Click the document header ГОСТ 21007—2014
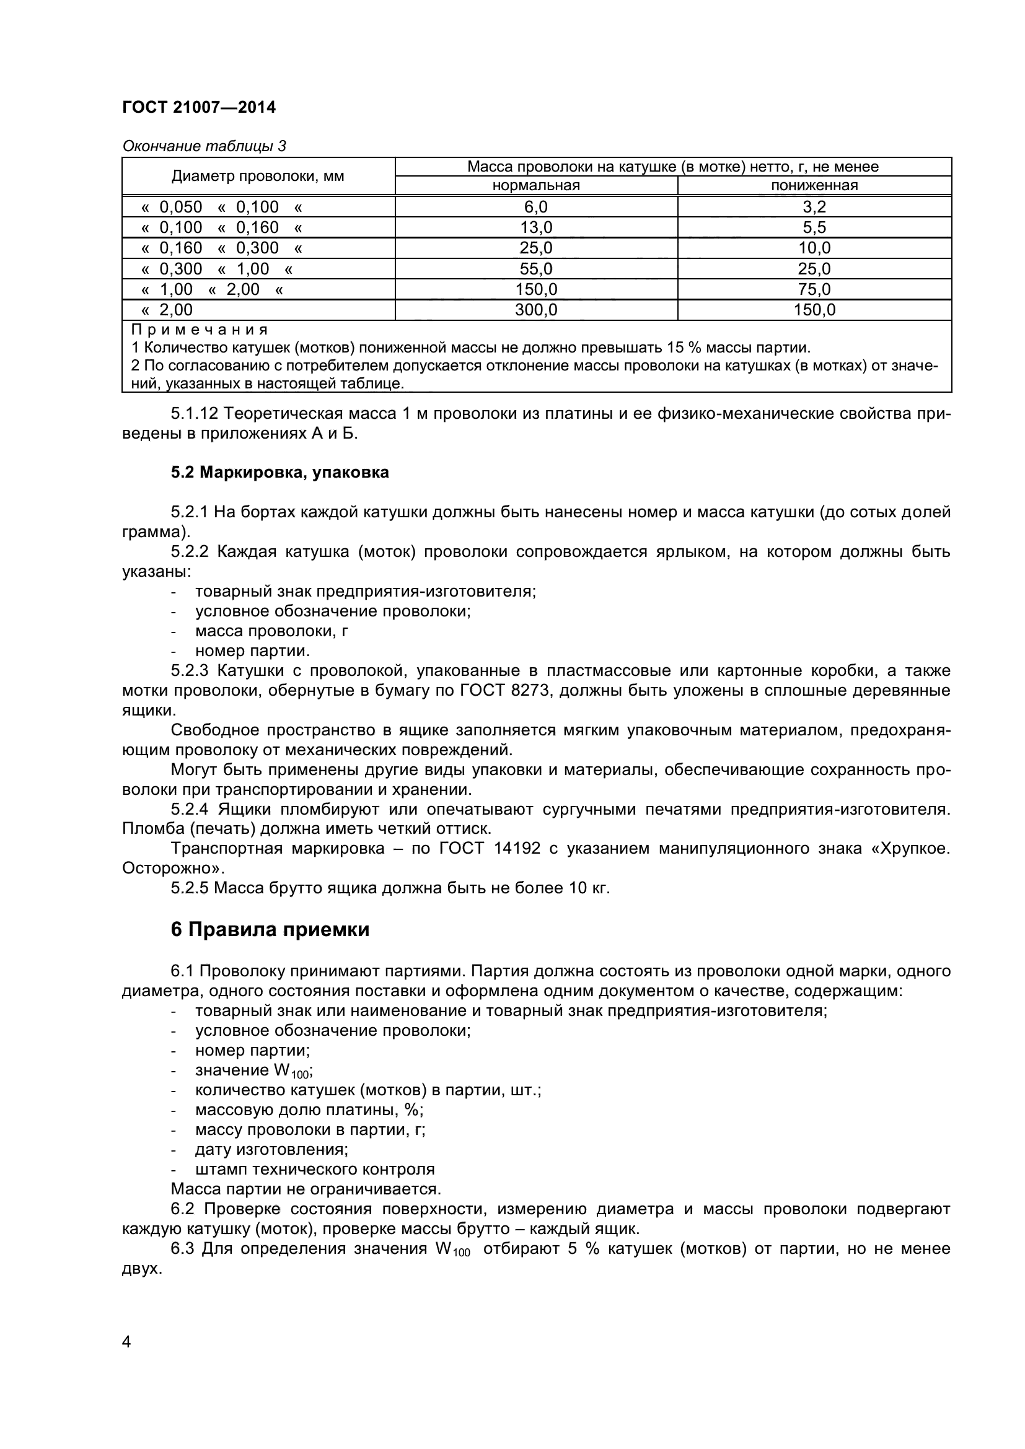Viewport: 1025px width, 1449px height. coord(199,107)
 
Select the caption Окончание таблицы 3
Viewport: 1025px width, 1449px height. coord(204,146)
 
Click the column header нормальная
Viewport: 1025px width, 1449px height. coord(536,186)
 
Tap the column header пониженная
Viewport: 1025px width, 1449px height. coord(814,186)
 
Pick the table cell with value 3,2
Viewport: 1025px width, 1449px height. coord(814,207)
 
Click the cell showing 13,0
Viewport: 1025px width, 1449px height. coord(536,227)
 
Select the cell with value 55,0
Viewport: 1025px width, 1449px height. coord(536,269)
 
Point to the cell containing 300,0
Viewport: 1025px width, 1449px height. coord(536,310)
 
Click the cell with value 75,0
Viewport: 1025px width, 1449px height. coord(814,290)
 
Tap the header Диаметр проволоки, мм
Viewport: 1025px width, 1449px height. coord(258,176)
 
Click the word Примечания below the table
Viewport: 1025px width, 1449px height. coord(200,330)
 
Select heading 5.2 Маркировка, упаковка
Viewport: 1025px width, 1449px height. coord(279,473)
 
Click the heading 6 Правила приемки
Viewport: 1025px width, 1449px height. coord(270,930)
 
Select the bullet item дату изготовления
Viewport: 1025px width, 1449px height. coord(271,1150)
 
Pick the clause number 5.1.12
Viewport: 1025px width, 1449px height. coord(195,414)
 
